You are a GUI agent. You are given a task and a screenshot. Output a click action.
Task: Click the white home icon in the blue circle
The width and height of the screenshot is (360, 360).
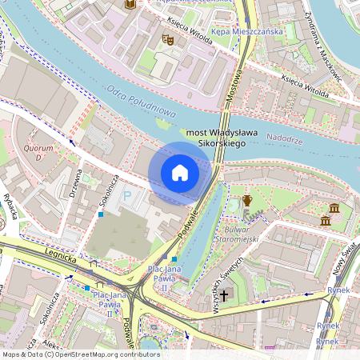pos(180,173)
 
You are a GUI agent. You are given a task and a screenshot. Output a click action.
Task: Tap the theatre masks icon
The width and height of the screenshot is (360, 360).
pos(167,38)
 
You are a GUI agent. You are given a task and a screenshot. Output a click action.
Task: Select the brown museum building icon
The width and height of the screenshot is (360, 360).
pos(326,219)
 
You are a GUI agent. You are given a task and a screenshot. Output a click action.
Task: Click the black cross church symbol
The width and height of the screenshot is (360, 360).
pos(225,295)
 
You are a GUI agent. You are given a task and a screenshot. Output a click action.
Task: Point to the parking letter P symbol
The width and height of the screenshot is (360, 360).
pos(127,194)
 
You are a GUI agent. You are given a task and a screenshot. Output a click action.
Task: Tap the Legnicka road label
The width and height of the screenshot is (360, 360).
pos(61,258)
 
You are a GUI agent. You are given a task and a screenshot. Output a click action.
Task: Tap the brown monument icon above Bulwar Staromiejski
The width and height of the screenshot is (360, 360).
pos(247,200)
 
